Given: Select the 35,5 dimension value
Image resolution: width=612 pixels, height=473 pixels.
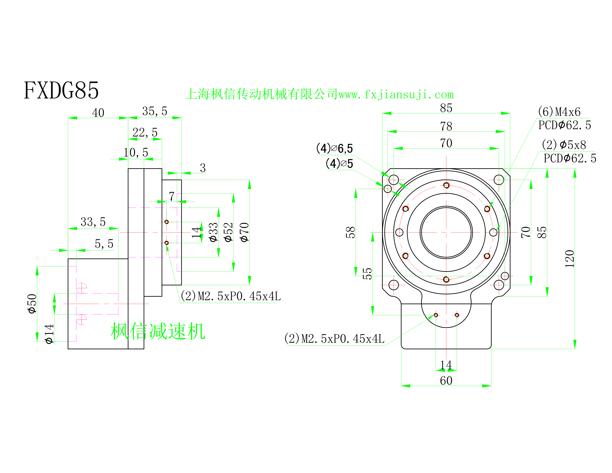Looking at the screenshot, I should (155, 111).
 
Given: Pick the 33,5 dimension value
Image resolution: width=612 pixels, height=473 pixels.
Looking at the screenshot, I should (93, 222).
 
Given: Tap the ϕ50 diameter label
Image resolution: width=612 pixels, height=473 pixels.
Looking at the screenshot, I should (32, 303).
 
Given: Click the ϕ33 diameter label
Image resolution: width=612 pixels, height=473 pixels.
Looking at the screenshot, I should (213, 232).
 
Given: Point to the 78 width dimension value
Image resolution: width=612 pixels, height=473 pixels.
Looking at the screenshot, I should (446, 126).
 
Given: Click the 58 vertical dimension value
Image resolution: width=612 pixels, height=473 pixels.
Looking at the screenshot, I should (351, 232).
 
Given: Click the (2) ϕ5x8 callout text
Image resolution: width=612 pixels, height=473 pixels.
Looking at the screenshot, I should (564, 145).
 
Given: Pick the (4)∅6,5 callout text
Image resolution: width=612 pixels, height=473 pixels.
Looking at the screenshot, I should (334, 149).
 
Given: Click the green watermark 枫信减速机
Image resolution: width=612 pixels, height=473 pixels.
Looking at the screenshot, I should (158, 331).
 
